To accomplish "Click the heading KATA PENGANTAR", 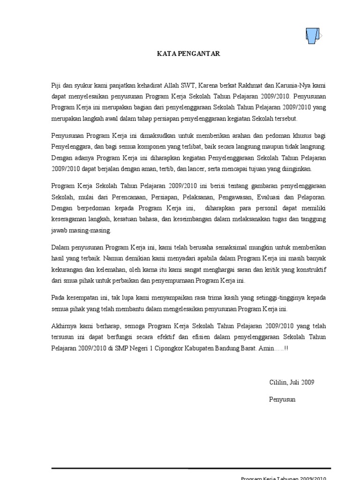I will [188, 54].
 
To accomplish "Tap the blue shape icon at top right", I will [313, 36].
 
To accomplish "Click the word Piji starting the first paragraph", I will [57, 85].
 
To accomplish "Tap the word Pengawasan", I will [252, 197].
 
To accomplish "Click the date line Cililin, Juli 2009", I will [291, 382].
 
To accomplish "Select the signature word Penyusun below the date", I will [282, 399].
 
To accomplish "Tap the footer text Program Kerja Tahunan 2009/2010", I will [283, 477].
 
